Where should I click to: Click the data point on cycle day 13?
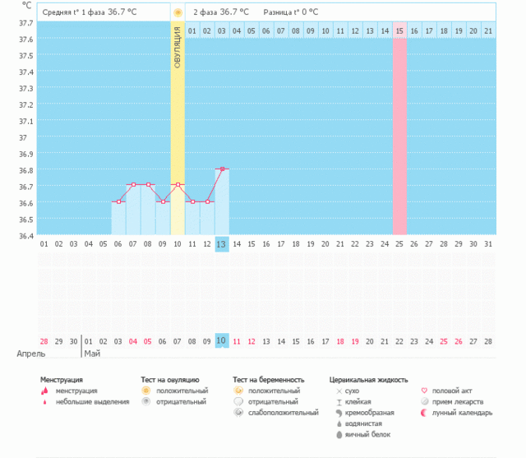pyautogui.click(x=222, y=169)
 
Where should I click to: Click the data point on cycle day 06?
pyautogui.click(x=118, y=201)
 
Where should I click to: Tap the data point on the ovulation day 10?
pyautogui.click(x=178, y=185)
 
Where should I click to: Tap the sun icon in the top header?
pyautogui.click(x=178, y=13)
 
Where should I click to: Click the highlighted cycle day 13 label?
pyautogui.click(x=222, y=244)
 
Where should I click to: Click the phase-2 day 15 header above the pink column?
pyautogui.click(x=399, y=31)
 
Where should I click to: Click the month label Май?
pyautogui.click(x=91, y=354)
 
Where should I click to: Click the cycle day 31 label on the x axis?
pyautogui.click(x=488, y=244)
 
